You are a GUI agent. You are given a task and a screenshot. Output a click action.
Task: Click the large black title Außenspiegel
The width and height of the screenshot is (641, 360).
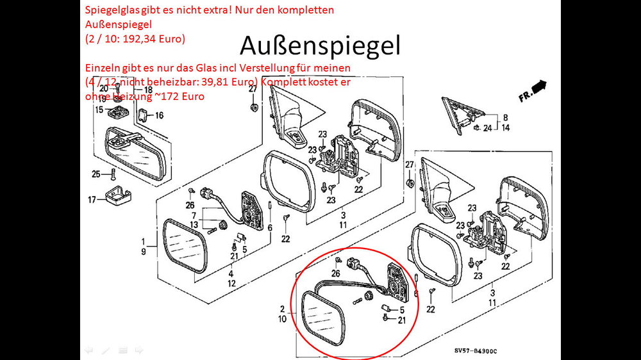320,46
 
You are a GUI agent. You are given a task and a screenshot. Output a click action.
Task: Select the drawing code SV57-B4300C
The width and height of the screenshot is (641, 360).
475,350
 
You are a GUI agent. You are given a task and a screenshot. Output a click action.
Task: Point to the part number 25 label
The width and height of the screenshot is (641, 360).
96,174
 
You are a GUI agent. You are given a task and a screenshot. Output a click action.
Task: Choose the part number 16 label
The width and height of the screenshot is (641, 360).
158,115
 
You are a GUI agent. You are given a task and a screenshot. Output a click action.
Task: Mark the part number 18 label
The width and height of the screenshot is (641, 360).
148,90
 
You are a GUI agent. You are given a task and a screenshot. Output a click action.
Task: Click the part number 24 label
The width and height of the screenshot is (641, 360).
488,127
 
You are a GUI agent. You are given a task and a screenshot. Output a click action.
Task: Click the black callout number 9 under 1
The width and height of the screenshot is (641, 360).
145,252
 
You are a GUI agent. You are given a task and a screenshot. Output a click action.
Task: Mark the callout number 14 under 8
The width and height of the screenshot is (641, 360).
505,127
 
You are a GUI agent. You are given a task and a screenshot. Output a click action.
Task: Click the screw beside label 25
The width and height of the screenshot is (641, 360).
113,172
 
